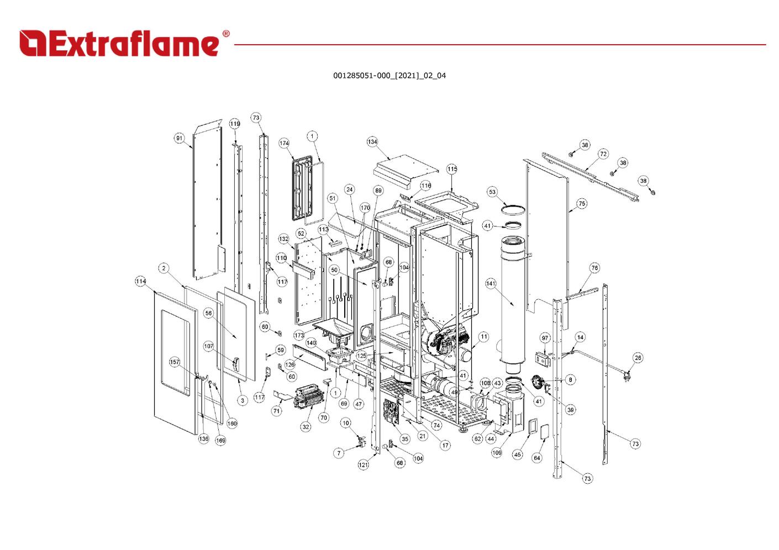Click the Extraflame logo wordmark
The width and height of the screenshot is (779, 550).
[119, 44]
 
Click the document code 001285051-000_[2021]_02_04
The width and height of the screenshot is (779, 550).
[389, 76]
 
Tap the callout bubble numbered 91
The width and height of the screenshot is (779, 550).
[179, 139]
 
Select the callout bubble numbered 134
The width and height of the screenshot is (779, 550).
[372, 142]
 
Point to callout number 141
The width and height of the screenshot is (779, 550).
[491, 283]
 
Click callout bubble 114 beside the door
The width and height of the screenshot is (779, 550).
[140, 281]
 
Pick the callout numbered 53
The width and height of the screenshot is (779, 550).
[492, 192]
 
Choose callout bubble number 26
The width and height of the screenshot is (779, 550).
[638, 358]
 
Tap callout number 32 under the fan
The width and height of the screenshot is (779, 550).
[306, 426]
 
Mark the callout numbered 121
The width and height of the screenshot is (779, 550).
[363, 465]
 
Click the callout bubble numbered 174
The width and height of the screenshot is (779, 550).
[284, 143]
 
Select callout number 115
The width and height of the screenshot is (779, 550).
[452, 170]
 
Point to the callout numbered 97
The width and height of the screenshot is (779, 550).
[545, 338]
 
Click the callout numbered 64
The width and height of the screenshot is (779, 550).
[537, 458]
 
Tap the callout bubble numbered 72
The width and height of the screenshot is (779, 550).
[603, 154]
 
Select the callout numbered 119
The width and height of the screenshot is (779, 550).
[235, 124]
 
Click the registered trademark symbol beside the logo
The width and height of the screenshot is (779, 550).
[226, 34]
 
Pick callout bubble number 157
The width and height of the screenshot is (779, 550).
[175, 362]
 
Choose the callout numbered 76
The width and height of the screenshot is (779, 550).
[594, 268]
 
